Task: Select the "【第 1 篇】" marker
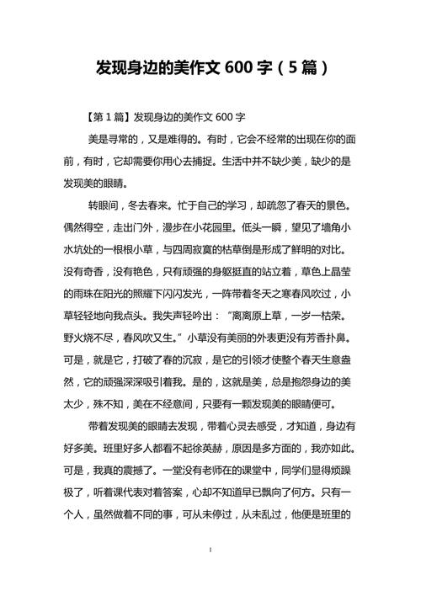109,116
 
